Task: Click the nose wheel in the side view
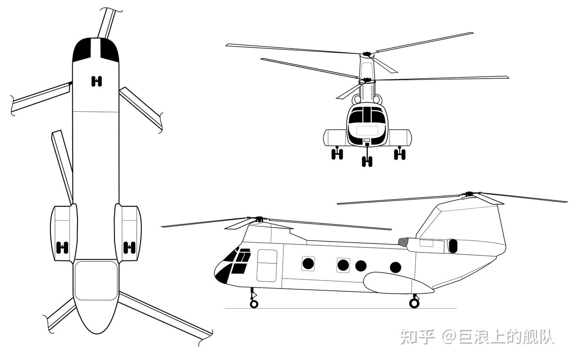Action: coord(254,304)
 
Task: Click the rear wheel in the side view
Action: coord(414,303)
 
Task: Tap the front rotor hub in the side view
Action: coord(259,219)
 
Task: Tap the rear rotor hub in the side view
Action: coord(469,194)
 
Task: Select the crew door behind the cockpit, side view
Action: coord(267,266)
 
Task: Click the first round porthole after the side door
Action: coord(308,264)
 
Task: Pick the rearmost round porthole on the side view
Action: coord(396,268)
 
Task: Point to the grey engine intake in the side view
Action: coord(403,242)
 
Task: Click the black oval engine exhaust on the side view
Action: coord(453,246)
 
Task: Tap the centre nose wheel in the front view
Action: coord(367,161)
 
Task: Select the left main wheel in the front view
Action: coord(337,154)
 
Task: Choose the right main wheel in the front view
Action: coord(399,154)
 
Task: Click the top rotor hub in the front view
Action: coord(367,54)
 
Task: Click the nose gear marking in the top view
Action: coord(96,81)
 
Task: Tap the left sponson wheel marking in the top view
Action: coord(62,247)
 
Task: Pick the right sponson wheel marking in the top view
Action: coord(129,247)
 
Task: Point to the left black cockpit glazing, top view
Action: coord(82,50)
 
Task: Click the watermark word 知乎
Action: coord(418,337)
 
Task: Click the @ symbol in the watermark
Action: coord(450,337)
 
